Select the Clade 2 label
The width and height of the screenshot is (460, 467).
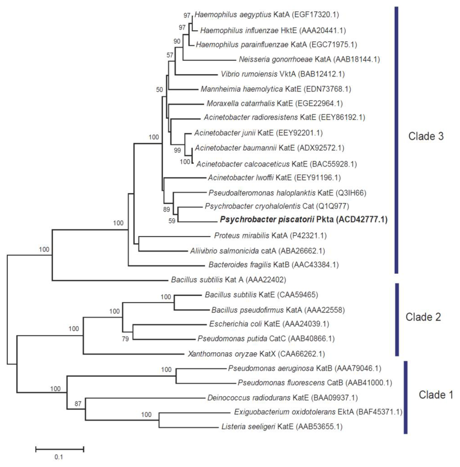click(x=424, y=317)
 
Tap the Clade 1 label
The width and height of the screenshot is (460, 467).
click(x=436, y=395)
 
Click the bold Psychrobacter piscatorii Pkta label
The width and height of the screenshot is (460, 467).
click(x=303, y=220)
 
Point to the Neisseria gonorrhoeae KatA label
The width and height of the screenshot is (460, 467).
click(x=308, y=59)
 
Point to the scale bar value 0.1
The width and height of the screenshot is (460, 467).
click(x=59, y=458)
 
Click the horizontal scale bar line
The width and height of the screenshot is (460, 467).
click(x=60, y=448)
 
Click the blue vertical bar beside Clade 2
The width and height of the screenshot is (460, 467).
click(x=397, y=319)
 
